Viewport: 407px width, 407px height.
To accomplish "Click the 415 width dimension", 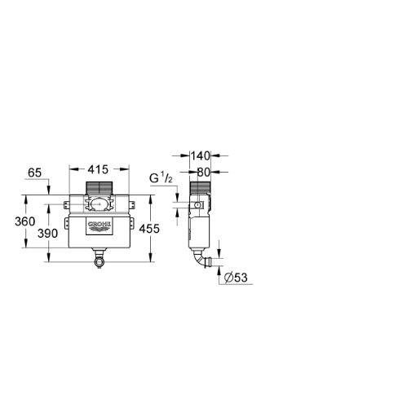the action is [x=98, y=169].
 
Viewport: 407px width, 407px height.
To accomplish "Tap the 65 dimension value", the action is [x=35, y=173].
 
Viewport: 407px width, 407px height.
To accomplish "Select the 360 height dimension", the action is [x=24, y=221].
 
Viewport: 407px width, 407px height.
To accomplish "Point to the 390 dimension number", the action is [x=47, y=234].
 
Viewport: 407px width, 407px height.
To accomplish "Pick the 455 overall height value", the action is [x=149, y=229].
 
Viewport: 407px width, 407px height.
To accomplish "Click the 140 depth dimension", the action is [x=201, y=156].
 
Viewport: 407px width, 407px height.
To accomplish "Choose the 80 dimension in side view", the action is [x=203, y=172].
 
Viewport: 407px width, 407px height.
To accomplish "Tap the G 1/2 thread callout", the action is [x=161, y=178].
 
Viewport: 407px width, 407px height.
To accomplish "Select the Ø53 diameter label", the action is [x=236, y=278].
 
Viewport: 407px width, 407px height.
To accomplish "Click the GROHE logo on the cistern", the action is [x=100, y=226].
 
